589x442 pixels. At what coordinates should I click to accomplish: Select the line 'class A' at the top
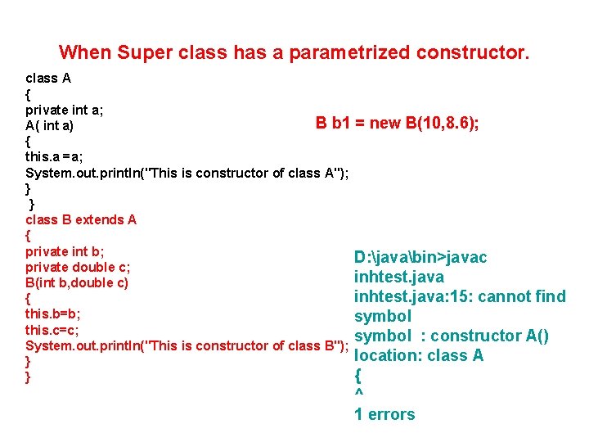tap(48, 79)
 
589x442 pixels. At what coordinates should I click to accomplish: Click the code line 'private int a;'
tap(64, 110)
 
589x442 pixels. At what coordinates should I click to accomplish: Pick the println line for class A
tap(187, 173)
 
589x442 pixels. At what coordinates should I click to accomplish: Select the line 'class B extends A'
tap(81, 219)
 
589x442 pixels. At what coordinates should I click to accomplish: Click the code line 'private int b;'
tap(65, 251)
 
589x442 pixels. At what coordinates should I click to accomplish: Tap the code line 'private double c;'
tap(78, 267)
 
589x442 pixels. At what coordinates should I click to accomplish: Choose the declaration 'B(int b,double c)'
tap(77, 282)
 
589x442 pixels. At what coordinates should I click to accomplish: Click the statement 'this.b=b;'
tap(52, 313)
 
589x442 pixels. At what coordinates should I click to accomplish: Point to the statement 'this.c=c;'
tap(52, 329)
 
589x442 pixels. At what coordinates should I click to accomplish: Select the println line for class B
tap(187, 345)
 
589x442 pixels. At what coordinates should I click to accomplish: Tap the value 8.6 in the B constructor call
tap(459, 124)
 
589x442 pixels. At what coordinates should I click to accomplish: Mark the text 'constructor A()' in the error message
tap(501, 336)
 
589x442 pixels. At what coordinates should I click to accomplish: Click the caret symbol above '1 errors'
tap(358, 395)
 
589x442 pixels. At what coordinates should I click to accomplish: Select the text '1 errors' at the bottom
tap(384, 414)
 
